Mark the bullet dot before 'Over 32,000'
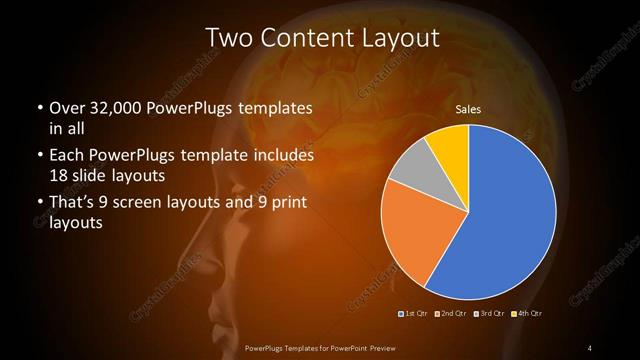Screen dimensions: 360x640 tap(39, 108)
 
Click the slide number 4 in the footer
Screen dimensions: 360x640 tap(590, 347)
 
